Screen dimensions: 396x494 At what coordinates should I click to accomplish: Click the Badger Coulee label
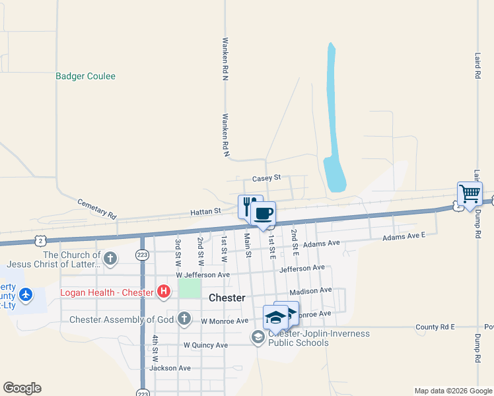85,77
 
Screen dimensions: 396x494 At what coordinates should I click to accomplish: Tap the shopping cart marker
470,194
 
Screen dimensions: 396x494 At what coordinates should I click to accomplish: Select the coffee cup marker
263,213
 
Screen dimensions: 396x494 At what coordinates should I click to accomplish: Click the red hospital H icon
162,291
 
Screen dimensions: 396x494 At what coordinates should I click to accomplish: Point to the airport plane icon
26,294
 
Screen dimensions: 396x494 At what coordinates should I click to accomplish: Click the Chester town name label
227,298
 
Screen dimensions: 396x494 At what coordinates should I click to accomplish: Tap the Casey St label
267,178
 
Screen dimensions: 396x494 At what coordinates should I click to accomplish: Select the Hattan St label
205,211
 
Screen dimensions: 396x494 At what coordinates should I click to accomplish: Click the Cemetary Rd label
96,209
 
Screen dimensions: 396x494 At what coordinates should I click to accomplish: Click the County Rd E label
436,327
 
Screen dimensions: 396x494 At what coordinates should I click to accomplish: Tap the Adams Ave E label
405,236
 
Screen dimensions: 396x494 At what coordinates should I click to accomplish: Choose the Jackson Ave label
170,368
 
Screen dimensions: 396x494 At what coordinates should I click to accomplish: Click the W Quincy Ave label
205,345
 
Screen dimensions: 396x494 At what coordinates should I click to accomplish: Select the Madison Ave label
310,290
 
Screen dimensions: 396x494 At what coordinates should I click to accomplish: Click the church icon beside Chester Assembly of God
184,319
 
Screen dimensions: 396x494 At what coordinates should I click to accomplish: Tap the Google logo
22,388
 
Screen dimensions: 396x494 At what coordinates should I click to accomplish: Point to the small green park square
190,288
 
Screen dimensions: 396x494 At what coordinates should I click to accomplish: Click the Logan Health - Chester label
107,292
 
